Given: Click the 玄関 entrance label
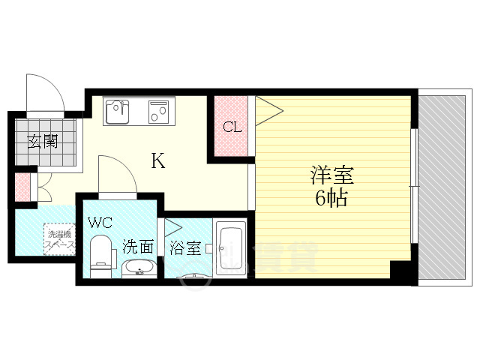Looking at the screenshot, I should coord(43,142).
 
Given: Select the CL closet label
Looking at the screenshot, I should coord(232,127).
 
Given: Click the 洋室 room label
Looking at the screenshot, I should coord(332,178).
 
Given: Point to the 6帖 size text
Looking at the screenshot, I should coord(331,199).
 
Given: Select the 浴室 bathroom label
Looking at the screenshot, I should coord(184,247).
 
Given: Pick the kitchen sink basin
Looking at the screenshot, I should coord(118,112).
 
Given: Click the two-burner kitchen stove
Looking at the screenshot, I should coord(158,113).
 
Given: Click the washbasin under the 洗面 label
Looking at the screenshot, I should coord(137,268).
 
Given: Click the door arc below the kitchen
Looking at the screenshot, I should coord(116,174).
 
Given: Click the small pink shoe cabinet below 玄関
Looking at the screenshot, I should coord(22,187).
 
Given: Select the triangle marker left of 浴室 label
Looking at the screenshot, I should coord(172,228).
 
